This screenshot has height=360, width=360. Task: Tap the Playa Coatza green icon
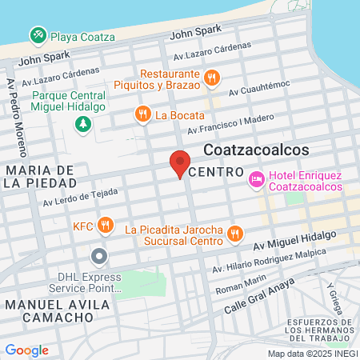pos(38,35)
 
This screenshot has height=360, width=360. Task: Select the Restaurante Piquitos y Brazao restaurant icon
pos(212,78)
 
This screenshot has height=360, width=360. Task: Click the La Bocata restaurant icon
pos(142,114)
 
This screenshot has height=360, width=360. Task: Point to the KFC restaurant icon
pos(105,224)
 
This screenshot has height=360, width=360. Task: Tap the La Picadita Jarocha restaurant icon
pos(234,234)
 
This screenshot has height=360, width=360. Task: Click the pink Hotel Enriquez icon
pos(257,179)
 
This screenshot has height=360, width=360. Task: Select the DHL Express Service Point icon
pos(99,257)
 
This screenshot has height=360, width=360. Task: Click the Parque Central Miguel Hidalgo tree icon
pos(82,125)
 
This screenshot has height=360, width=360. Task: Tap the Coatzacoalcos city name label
pos(256,150)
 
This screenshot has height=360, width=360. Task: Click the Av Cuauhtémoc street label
pos(262,91)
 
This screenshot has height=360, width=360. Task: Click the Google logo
pos(26,350)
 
